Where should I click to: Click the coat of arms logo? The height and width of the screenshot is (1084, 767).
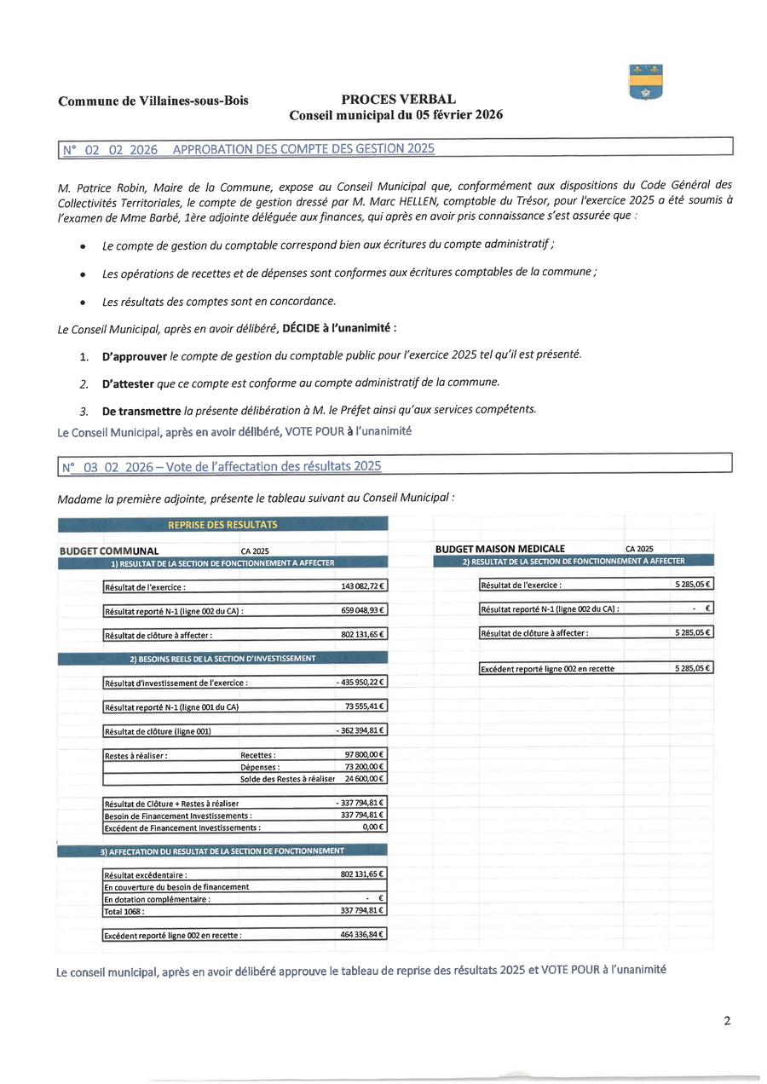click(645, 82)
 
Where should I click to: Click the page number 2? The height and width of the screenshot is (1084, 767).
click(727, 1021)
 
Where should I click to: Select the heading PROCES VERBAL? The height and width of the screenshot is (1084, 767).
click(398, 100)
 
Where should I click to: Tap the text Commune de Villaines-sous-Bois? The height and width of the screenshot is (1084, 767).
click(153, 101)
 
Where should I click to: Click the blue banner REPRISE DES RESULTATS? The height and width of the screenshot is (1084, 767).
click(222, 524)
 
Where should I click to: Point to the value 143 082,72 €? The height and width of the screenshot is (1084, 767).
click(362, 586)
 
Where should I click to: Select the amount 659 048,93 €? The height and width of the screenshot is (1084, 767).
click(362, 610)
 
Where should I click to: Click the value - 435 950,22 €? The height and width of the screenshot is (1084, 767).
click(360, 682)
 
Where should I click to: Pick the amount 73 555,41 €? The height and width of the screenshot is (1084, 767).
click(364, 706)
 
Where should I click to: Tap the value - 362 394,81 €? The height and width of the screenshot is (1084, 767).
click(360, 730)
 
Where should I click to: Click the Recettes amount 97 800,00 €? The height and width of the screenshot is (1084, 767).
click(364, 755)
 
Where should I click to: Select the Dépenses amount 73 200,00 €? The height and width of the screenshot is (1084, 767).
click(364, 767)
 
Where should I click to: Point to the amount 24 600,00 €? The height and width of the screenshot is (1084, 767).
click(364, 779)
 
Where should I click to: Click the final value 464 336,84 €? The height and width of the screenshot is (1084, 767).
click(362, 935)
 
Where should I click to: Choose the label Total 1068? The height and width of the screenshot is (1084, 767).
click(124, 911)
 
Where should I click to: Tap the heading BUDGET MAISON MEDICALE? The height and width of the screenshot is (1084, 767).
click(499, 549)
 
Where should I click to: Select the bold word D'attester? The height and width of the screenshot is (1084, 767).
click(128, 383)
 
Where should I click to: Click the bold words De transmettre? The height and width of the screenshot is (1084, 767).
click(141, 411)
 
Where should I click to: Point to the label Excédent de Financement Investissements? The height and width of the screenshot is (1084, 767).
click(182, 827)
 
